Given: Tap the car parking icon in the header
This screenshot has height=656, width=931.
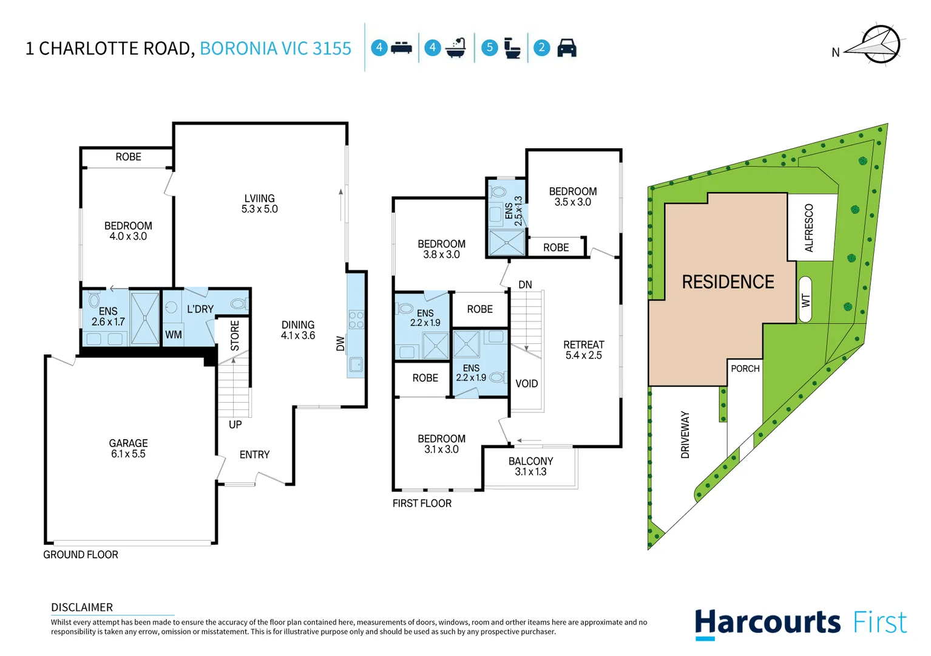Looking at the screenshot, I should pyautogui.click(x=566, y=48).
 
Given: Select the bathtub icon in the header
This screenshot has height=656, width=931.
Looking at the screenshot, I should pyautogui.click(x=456, y=48).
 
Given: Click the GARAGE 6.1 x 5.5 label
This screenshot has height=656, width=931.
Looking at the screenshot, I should pyautogui.click(x=128, y=448).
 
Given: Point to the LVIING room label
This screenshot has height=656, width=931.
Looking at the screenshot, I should pyautogui.click(x=259, y=203).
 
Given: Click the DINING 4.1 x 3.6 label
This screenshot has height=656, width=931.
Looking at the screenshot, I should pyautogui.click(x=297, y=330).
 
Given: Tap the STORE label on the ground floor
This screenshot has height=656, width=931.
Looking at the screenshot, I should pyautogui.click(x=235, y=335).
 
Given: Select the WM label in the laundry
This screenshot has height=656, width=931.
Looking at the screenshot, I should pyautogui.click(x=174, y=335).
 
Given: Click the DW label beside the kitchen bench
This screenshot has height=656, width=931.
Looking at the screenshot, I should pyautogui.click(x=340, y=344).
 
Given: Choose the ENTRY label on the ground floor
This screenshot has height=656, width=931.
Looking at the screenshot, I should pyautogui.click(x=254, y=454).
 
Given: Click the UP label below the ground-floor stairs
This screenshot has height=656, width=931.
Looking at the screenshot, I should pyautogui.click(x=235, y=425).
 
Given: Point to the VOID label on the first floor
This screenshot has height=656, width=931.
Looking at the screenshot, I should pyautogui.click(x=526, y=383).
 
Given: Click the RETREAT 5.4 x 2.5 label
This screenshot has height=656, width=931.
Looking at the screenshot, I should pyautogui.click(x=583, y=350).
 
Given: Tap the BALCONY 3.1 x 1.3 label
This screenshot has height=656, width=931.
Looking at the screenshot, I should pyautogui.click(x=530, y=466).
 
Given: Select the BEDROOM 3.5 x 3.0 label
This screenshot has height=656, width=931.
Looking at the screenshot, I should pyautogui.click(x=572, y=196).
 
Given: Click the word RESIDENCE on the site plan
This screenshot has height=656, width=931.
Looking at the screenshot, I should pyautogui.click(x=728, y=282).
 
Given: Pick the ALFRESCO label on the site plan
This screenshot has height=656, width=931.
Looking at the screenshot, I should pyautogui.click(x=809, y=228).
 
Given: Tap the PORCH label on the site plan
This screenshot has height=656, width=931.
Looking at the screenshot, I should pyautogui.click(x=745, y=369).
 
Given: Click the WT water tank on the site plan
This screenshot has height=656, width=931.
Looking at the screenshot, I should pyautogui.click(x=805, y=299).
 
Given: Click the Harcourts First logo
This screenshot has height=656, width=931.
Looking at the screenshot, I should pyautogui.click(x=801, y=623).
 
